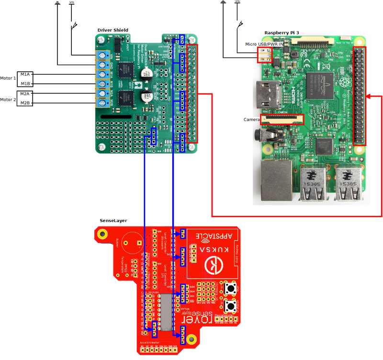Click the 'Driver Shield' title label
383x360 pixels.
(113, 30)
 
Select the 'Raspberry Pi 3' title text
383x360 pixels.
(282, 33)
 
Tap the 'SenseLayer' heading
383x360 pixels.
(113, 220)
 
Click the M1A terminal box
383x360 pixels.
(25, 74)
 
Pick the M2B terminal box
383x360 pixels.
(25, 102)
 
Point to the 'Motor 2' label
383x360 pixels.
(8, 100)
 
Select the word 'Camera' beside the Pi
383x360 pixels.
(251, 119)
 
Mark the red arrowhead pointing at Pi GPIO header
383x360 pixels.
(370, 97)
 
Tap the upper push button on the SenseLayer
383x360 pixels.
(233, 289)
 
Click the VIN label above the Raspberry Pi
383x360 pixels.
(237, 2)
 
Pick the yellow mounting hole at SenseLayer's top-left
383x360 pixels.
(102, 234)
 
